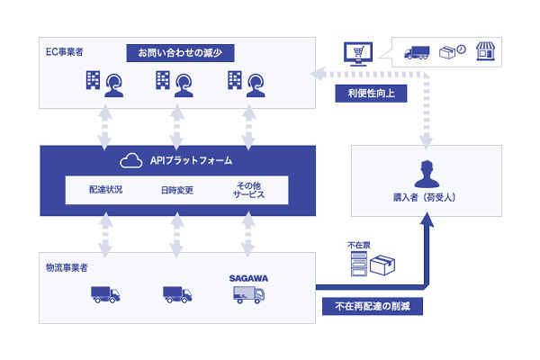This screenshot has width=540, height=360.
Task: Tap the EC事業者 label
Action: (x=65, y=50)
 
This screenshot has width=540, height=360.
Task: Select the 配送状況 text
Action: (x=107, y=190)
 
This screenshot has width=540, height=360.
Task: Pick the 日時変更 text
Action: (x=177, y=190)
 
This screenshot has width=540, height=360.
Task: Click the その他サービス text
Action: (x=246, y=190)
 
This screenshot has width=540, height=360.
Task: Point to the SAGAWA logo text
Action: (x=247, y=279)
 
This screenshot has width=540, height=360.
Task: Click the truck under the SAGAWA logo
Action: (x=247, y=294)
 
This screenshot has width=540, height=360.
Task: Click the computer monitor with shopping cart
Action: (x=356, y=56)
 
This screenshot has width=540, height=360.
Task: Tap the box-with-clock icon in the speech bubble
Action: (x=452, y=52)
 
